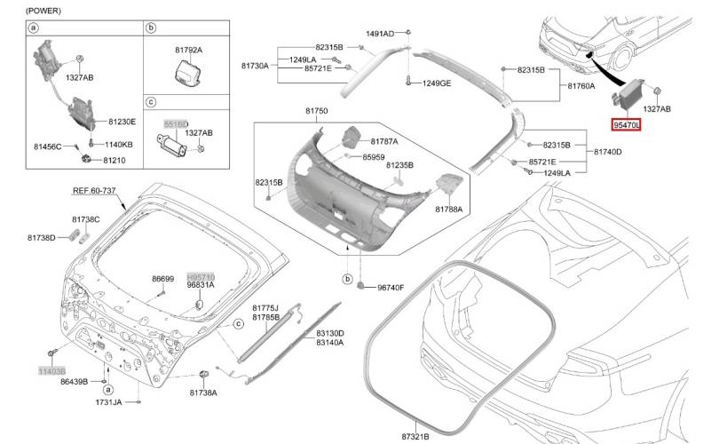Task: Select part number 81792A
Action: (187, 50)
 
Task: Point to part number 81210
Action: (115, 160)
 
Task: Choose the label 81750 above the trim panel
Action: (317, 110)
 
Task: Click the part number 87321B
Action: (415, 436)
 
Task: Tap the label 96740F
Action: (391, 287)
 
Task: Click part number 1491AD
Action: (380, 34)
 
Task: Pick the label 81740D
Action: (606, 153)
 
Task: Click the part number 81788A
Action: (449, 209)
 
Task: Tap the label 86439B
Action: (74, 380)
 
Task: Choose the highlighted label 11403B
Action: (51, 367)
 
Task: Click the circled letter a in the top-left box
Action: (34, 28)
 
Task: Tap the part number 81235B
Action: (400, 165)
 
